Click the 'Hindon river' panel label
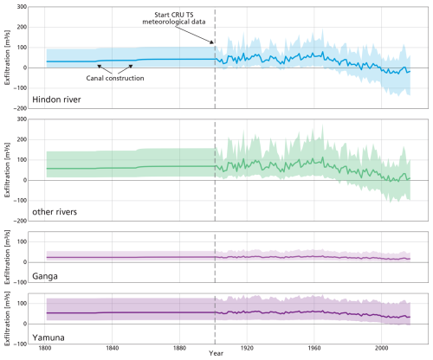[x=56, y=100]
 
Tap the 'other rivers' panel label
[x=55, y=212]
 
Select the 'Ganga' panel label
[x=45, y=276]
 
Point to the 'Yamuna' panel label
[x=48, y=337]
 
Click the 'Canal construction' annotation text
[x=115, y=78]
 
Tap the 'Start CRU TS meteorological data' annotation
[x=174, y=18]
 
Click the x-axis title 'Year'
[x=216, y=353]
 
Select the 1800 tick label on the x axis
[x=45, y=348]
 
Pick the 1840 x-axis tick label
[x=112, y=348]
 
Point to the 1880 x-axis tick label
[x=179, y=348]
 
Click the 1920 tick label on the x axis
[x=247, y=348]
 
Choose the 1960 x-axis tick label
[x=314, y=348]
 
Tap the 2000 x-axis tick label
[x=381, y=348]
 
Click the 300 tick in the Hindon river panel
[x=22, y=7]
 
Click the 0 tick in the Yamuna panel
[x=25, y=324]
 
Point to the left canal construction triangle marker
[x=99, y=67]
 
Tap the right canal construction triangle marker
[x=131, y=67]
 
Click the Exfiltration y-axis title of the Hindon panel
[x=7, y=57]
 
